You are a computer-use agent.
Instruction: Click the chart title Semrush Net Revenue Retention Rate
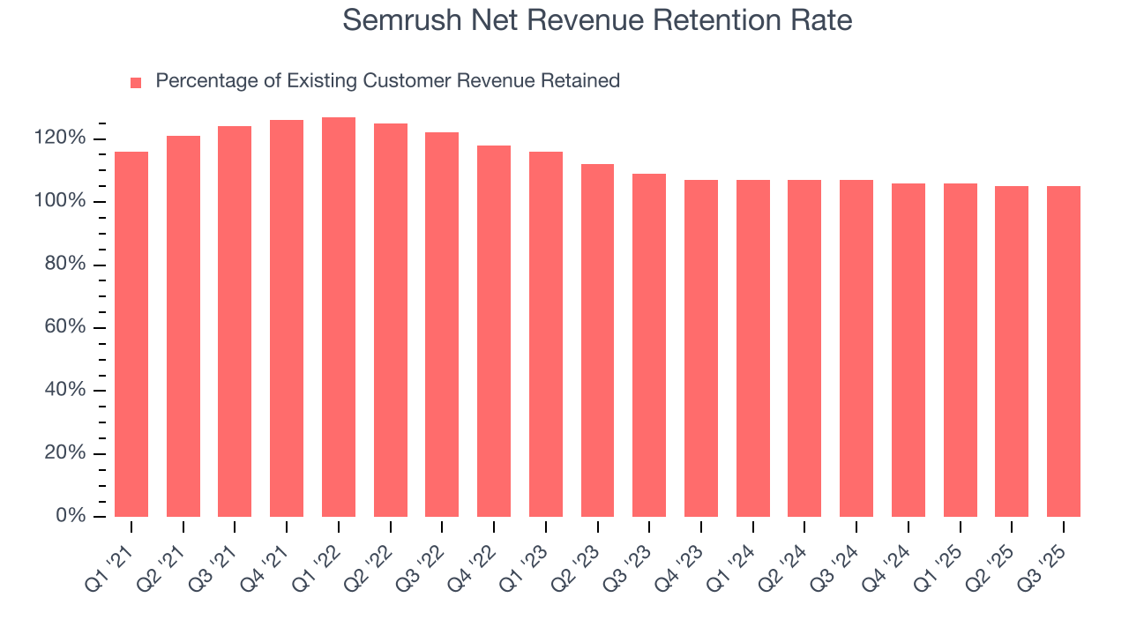[597, 20]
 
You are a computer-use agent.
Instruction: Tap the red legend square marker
[136, 83]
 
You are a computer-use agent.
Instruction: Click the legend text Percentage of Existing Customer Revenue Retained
[387, 81]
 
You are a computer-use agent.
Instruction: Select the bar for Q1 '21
[131, 335]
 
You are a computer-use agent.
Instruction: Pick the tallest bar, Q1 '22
[339, 317]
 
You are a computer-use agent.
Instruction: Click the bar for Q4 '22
[494, 332]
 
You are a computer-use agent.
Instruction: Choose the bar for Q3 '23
[649, 346]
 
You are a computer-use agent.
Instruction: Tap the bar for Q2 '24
[804, 348]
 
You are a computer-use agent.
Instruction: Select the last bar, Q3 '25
[1064, 351]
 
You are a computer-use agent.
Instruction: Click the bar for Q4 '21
[287, 318]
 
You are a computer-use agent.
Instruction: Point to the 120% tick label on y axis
[60, 138]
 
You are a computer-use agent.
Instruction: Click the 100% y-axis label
[60, 202]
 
